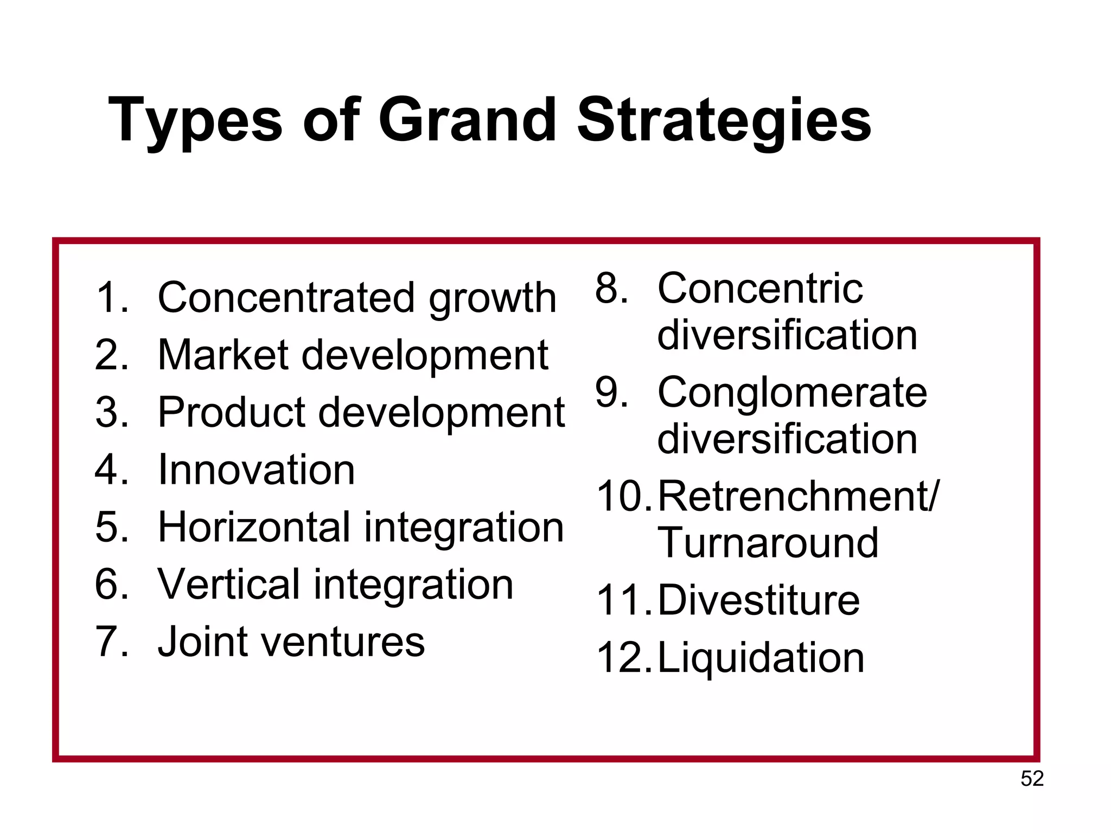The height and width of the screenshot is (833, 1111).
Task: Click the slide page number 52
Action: [1032, 779]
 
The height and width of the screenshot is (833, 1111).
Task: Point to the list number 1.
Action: [111, 297]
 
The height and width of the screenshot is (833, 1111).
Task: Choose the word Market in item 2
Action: [223, 355]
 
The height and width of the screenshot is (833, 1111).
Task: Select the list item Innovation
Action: [256, 470]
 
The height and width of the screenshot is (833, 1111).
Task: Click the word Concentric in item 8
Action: [759, 289]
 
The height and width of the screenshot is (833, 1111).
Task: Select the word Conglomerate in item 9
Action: [792, 393]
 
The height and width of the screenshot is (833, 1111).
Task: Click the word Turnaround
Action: [768, 542]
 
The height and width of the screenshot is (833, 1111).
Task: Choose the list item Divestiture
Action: [758, 601]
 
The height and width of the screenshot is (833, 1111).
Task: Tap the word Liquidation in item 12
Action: [761, 658]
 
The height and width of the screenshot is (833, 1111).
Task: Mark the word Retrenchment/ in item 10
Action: [797, 497]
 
